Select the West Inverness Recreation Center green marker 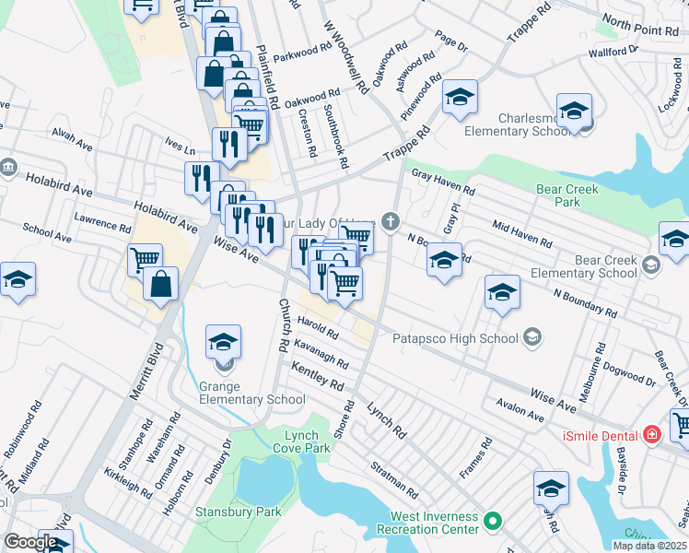click(x=494, y=523)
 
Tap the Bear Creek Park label click(x=567, y=195)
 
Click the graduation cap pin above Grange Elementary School click(x=223, y=344)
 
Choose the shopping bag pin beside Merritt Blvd click(x=160, y=286)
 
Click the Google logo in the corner click(x=30, y=541)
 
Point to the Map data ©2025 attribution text click(x=649, y=546)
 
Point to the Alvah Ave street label click(x=73, y=138)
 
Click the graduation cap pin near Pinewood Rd click(x=460, y=98)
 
